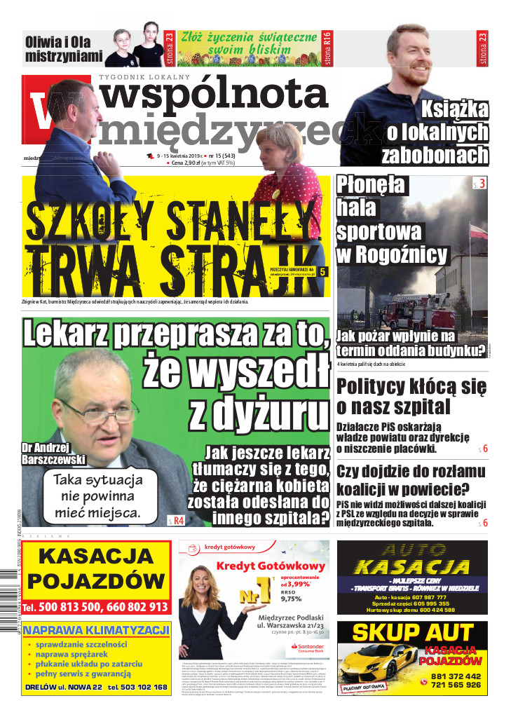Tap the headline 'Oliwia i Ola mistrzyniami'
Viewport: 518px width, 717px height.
click(x=63, y=48)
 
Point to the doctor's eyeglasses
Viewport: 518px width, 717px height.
click(x=98, y=411)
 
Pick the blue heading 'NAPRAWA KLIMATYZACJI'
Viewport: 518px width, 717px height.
click(x=97, y=630)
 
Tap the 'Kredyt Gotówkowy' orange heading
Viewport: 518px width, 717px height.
click(x=271, y=566)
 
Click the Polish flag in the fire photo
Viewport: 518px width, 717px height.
click(x=479, y=231)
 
